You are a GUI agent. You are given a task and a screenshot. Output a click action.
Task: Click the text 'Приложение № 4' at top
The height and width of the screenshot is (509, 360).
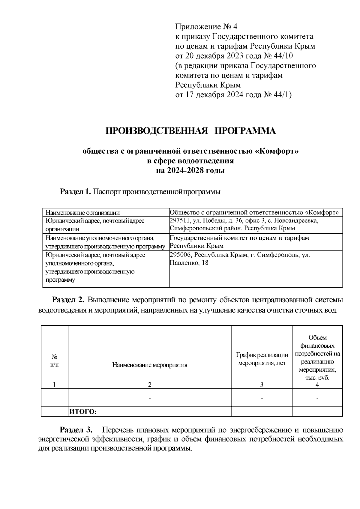point(206,27)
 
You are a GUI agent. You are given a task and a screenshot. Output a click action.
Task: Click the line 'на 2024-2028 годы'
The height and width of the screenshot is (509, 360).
point(190,171)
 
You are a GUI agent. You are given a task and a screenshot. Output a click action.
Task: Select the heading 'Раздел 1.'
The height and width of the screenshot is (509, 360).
point(76,192)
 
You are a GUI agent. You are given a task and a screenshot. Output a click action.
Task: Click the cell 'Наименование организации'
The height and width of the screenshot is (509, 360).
point(82,213)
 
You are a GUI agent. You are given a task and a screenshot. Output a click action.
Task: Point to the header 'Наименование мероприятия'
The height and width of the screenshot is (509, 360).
point(150,365)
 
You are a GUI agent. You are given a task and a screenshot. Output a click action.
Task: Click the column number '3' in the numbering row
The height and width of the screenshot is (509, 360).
point(262,385)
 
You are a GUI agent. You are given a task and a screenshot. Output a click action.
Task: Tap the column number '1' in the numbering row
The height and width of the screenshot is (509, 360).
point(54,385)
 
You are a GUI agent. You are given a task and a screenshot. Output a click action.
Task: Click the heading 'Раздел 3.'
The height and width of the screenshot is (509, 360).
point(76,430)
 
